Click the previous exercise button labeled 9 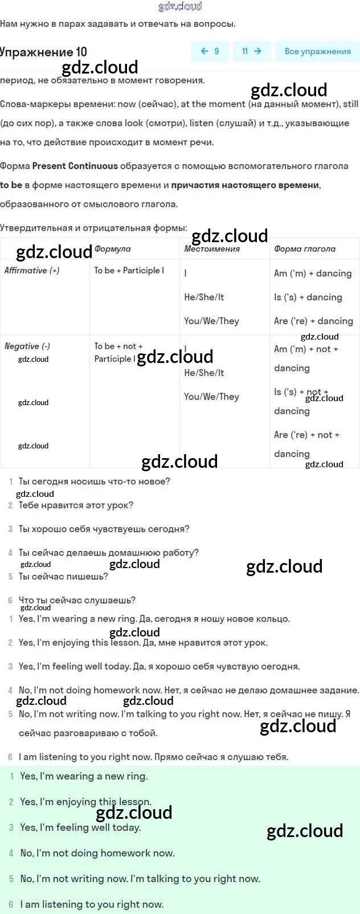point(210,51)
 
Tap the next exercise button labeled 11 point(251,51)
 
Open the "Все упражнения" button point(317,51)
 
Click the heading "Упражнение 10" point(43,52)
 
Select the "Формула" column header point(113,249)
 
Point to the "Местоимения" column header point(212,249)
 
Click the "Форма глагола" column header point(305,249)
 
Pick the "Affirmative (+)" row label point(32,271)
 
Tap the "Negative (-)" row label point(27,346)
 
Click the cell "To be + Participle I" point(129,271)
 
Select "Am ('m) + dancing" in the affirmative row point(313,274)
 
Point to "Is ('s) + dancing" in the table point(308,297)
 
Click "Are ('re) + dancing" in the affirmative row point(313,321)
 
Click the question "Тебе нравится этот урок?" point(76,505)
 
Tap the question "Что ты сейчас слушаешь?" point(77,601)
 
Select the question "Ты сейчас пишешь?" point(63,577)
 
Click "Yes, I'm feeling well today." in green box point(80,828)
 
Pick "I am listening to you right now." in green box point(92,904)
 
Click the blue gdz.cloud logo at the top point(180,6)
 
